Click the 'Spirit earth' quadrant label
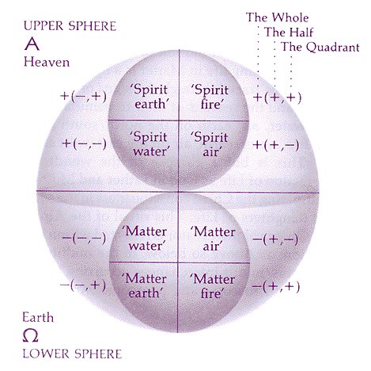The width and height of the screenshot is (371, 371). (x=150, y=97)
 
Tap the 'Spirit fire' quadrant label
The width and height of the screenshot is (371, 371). (x=210, y=97)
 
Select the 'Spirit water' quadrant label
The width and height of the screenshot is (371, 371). (x=149, y=144)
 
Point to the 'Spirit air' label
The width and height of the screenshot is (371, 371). (x=210, y=144)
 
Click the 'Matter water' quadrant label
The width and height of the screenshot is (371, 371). (x=145, y=239)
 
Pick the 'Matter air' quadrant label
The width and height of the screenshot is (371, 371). (x=213, y=239)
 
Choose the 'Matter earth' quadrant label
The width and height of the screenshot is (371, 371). (x=144, y=286)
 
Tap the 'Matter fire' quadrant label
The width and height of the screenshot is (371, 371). (x=213, y=286)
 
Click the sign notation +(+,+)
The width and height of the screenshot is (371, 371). (x=277, y=98)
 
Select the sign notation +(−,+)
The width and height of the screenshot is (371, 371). (x=84, y=96)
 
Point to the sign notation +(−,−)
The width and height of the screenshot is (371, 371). (x=85, y=143)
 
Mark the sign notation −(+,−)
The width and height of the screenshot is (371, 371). (x=275, y=239)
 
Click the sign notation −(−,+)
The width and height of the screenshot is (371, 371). (x=83, y=285)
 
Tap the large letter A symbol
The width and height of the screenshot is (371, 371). (x=32, y=44)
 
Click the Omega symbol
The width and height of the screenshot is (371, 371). (x=30, y=336)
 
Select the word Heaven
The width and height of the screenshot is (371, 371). (x=47, y=63)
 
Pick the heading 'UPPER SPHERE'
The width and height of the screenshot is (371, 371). (x=70, y=26)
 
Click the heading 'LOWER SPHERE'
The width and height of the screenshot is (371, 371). (x=72, y=354)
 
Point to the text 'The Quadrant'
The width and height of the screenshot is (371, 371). (x=320, y=48)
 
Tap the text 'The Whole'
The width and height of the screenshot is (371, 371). (x=277, y=17)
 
